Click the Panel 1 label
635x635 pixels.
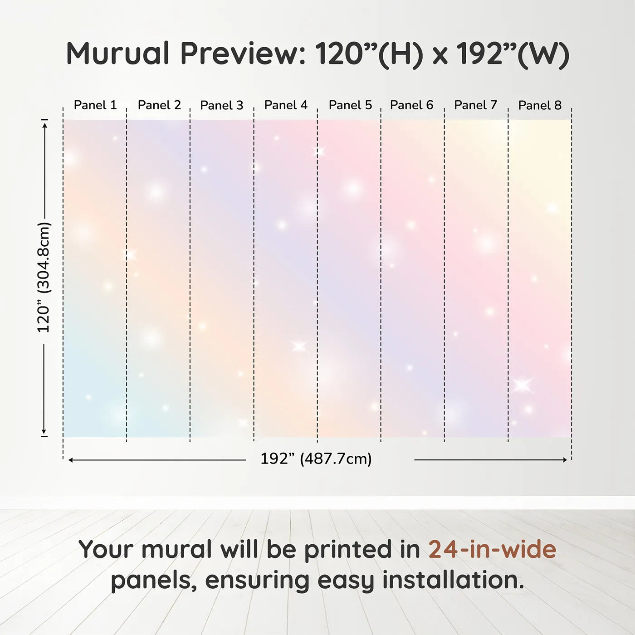point(95,105)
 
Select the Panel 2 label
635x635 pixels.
point(160,105)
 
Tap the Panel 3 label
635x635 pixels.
point(222,105)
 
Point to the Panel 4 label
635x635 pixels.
point(286,105)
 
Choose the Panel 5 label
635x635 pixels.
point(350,105)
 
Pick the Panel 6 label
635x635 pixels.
point(411,105)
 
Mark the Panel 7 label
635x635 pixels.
point(475,105)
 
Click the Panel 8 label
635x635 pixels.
point(540,105)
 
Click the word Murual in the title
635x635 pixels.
point(118,54)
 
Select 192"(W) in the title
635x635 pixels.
point(513,55)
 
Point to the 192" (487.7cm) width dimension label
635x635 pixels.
point(316,459)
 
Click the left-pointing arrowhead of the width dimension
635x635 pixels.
point(70,460)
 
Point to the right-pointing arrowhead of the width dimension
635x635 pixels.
point(565,460)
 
